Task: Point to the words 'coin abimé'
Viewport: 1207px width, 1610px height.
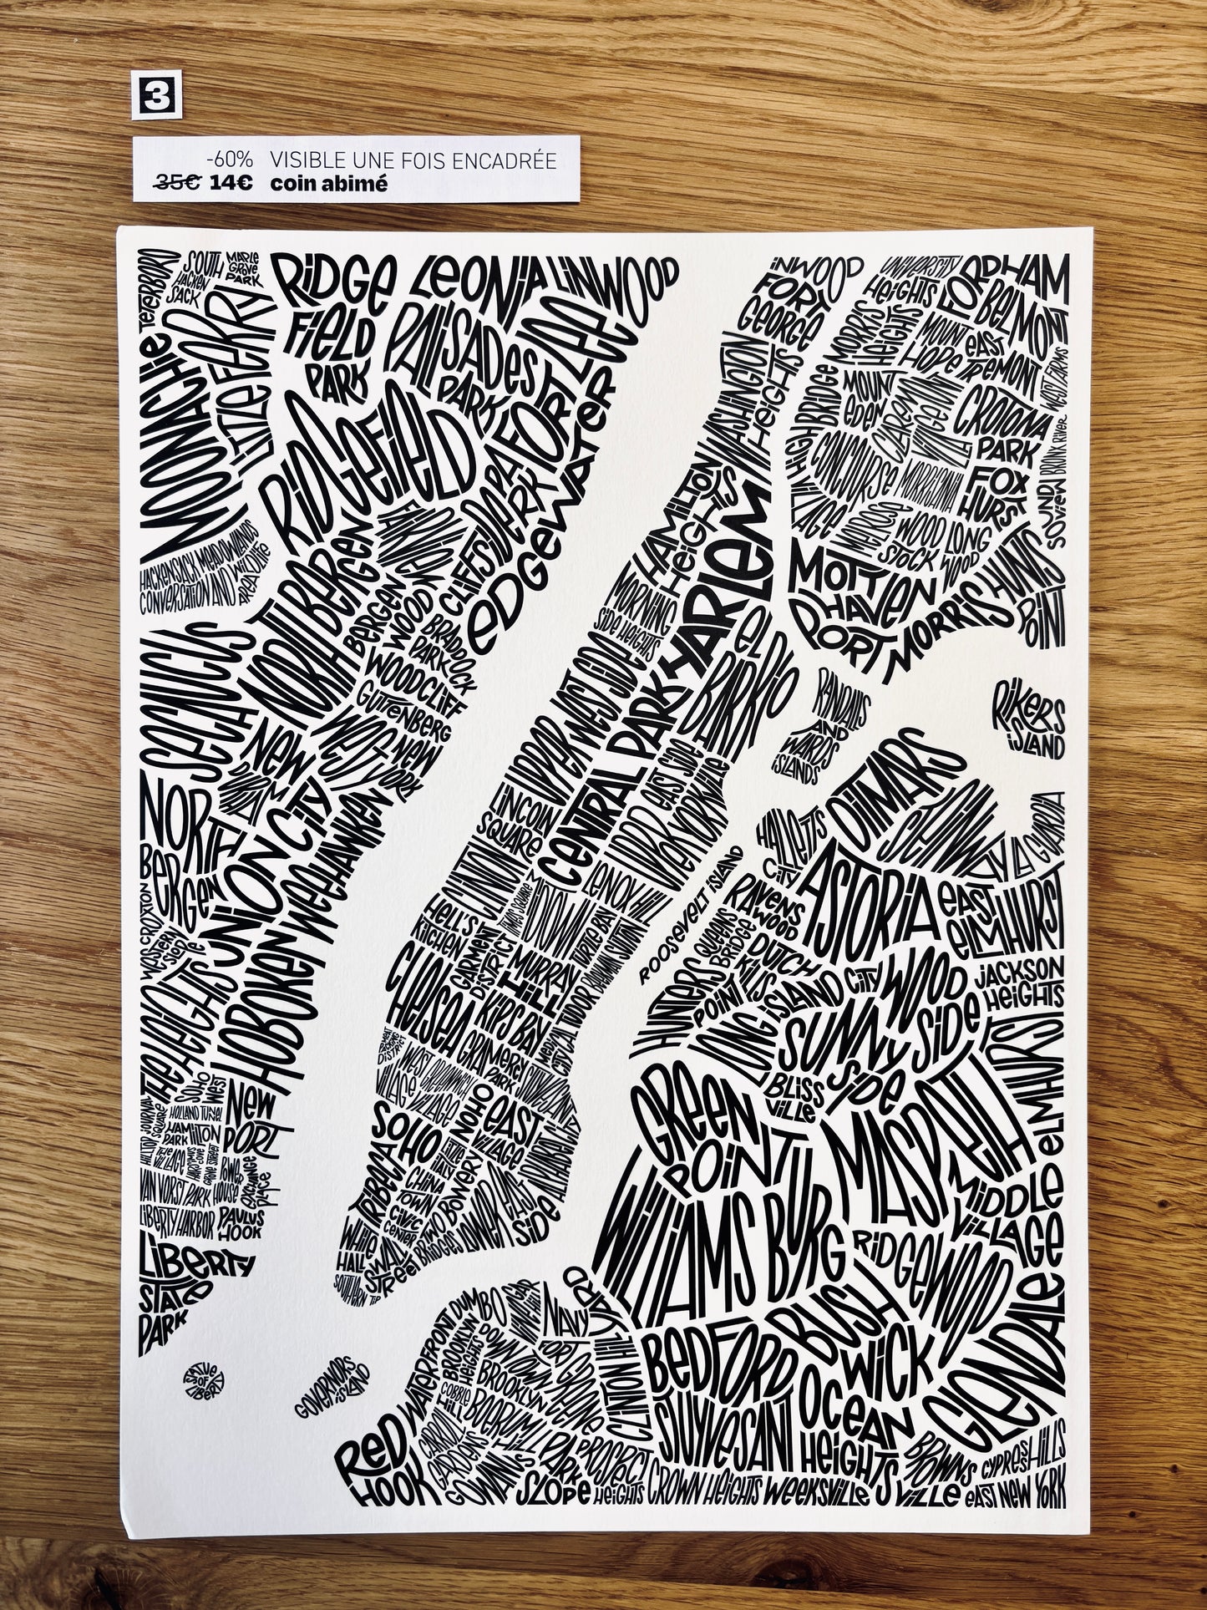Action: (328, 184)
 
